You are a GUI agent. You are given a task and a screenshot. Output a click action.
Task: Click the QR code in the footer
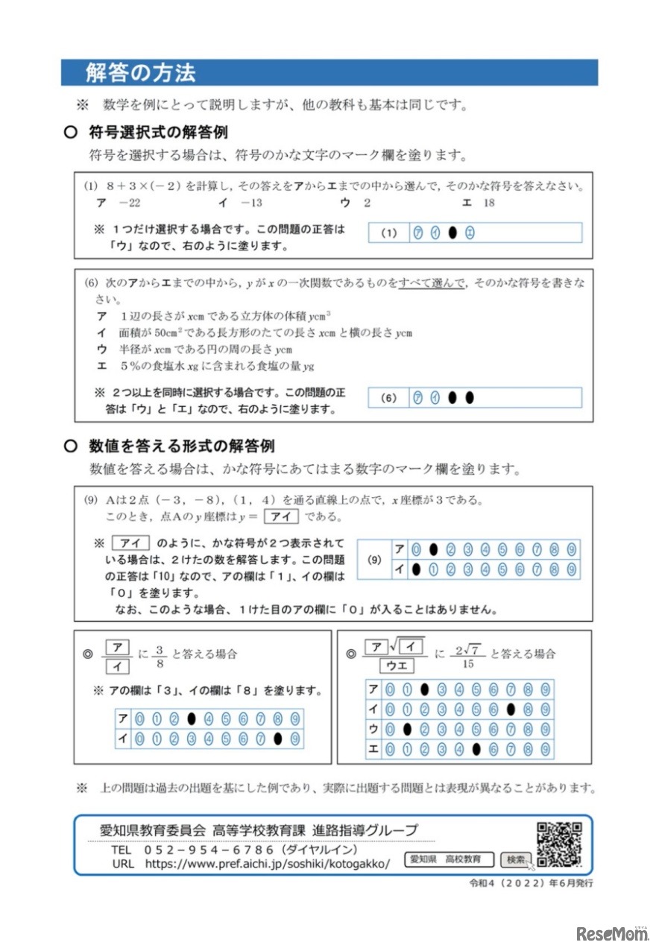(x=558, y=844)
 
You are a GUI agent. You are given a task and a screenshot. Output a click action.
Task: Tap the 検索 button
(x=515, y=859)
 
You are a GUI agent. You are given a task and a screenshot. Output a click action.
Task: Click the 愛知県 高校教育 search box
(x=450, y=859)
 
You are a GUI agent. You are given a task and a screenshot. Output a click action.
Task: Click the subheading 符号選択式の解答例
(x=158, y=132)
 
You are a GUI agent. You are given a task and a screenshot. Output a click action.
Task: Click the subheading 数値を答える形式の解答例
(x=181, y=446)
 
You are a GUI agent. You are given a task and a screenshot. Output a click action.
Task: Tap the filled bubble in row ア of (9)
(x=433, y=550)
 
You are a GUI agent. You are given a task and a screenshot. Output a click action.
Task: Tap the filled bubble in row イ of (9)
(x=416, y=569)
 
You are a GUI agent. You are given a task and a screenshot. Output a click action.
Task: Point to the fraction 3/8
(x=159, y=654)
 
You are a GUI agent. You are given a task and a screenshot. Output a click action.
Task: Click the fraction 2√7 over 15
(x=469, y=654)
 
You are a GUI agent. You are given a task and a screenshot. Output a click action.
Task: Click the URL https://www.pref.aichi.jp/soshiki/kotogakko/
(x=267, y=864)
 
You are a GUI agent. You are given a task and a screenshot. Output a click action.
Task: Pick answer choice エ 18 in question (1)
(x=479, y=202)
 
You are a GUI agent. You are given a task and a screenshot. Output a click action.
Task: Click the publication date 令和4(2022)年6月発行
(x=530, y=883)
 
